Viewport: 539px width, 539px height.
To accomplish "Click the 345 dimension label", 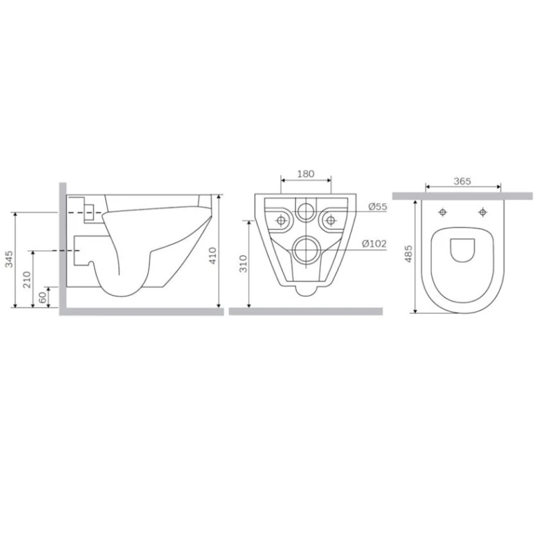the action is [x=9, y=259].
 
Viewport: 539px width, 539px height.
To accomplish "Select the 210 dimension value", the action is [x=27, y=280].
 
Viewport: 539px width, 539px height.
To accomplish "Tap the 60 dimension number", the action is [x=42, y=297].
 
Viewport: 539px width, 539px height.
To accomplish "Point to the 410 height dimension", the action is [x=213, y=255].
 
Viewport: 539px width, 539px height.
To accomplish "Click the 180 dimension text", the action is [x=306, y=174].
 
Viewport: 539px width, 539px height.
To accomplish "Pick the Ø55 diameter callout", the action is [x=377, y=207].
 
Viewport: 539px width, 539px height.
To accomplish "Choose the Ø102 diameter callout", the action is [x=375, y=244].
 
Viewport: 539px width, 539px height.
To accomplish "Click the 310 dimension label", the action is [x=243, y=263].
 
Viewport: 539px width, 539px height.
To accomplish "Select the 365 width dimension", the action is [x=462, y=181].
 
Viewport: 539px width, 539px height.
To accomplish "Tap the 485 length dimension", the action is [x=408, y=254].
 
